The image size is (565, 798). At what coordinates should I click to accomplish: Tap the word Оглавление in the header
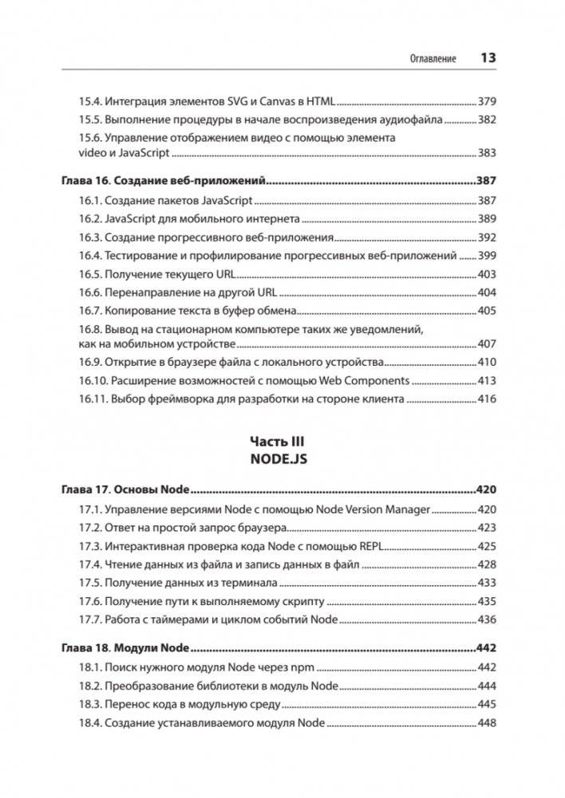point(433,59)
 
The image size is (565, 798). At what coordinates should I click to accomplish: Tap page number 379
point(487,101)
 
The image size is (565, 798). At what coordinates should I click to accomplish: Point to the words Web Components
point(364,380)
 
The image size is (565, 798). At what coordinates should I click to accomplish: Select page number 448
point(487,723)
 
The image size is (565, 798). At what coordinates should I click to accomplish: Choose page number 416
point(487,399)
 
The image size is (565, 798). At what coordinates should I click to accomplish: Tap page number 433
point(487,583)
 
